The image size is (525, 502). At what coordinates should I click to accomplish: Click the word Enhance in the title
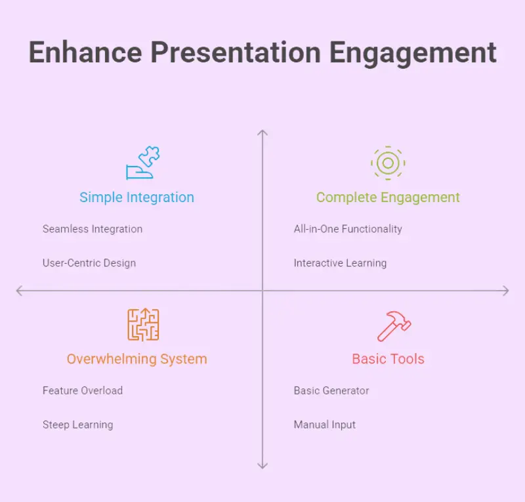(85, 52)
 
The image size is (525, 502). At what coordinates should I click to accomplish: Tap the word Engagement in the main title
(413, 54)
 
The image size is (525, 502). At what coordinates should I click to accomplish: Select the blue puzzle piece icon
(143, 163)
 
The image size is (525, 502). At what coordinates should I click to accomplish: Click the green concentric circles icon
(388, 163)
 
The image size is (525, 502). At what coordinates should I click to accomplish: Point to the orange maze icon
(143, 325)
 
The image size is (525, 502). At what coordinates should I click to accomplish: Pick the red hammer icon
(394, 327)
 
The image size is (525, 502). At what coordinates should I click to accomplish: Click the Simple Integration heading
(136, 198)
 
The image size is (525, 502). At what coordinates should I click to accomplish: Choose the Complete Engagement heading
(388, 198)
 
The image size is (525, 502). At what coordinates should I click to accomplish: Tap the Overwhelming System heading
(137, 359)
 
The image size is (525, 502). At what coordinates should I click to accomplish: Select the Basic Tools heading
(388, 359)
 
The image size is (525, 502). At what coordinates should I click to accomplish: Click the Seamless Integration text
(93, 229)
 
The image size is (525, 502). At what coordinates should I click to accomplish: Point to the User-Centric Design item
(89, 263)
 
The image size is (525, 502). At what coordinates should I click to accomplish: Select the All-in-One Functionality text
(348, 229)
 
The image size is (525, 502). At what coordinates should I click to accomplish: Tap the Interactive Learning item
(340, 263)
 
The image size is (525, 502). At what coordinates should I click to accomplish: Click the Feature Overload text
(83, 390)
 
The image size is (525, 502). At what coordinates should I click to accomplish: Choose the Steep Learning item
(77, 425)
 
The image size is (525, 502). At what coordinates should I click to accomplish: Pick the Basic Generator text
(331, 390)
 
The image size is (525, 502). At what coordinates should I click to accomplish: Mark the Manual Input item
(325, 425)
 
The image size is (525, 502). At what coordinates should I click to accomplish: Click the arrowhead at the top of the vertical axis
(262, 131)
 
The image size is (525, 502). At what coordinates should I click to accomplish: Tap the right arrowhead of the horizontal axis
(508, 291)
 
